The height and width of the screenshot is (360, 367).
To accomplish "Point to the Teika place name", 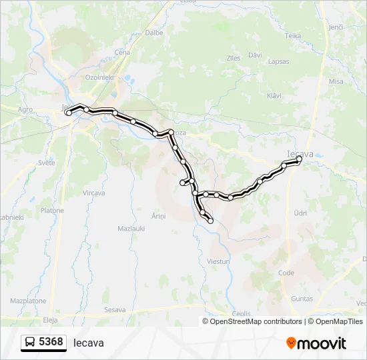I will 293,36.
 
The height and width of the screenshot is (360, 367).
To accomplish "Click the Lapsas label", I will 278,61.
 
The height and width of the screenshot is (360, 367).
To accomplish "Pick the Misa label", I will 336,81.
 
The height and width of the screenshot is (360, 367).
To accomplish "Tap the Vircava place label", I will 94,193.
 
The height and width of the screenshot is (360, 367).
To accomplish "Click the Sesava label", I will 115,310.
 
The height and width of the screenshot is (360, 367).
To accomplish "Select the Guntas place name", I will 302,299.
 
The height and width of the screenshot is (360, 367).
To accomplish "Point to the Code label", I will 286,273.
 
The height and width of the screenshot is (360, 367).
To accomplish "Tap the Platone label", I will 52,211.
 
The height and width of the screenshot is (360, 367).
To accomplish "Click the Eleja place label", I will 50,319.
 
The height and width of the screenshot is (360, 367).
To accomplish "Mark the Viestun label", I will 219,261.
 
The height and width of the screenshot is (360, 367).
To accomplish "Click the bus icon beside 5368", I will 30,343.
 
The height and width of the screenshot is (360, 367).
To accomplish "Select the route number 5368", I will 51,342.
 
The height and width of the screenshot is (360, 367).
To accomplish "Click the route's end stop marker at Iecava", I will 300,159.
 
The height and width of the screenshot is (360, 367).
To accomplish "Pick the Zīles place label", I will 234,58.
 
